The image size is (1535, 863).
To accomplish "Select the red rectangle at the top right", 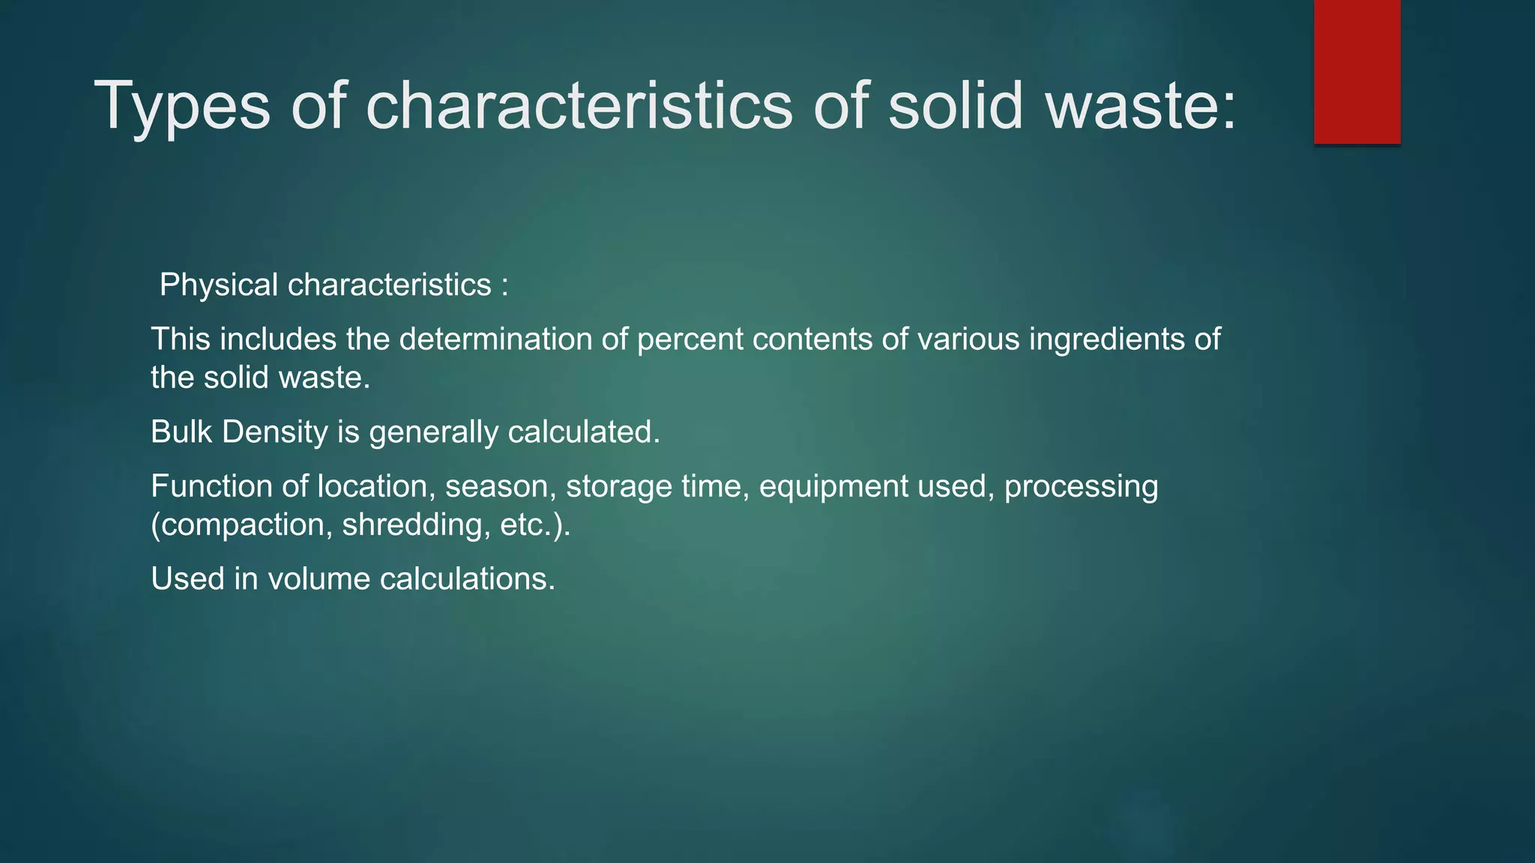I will [1357, 71].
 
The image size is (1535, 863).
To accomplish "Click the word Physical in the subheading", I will [219, 285].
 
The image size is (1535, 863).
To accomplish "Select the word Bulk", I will [181, 432].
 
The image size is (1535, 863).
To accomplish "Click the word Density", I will [275, 432].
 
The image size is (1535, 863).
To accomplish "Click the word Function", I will [211, 487].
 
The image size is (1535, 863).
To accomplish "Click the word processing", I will [1081, 487].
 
